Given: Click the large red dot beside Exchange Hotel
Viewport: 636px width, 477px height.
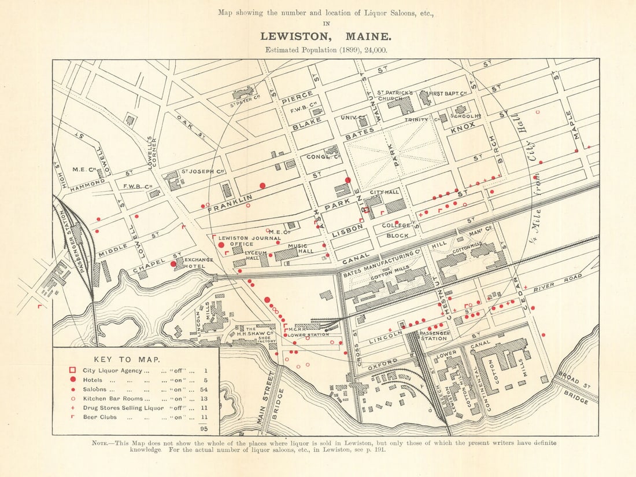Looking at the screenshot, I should click(x=173, y=263).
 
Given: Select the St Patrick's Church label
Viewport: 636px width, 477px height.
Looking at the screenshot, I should click(x=395, y=96).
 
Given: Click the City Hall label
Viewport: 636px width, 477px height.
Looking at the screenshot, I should click(x=384, y=192).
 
